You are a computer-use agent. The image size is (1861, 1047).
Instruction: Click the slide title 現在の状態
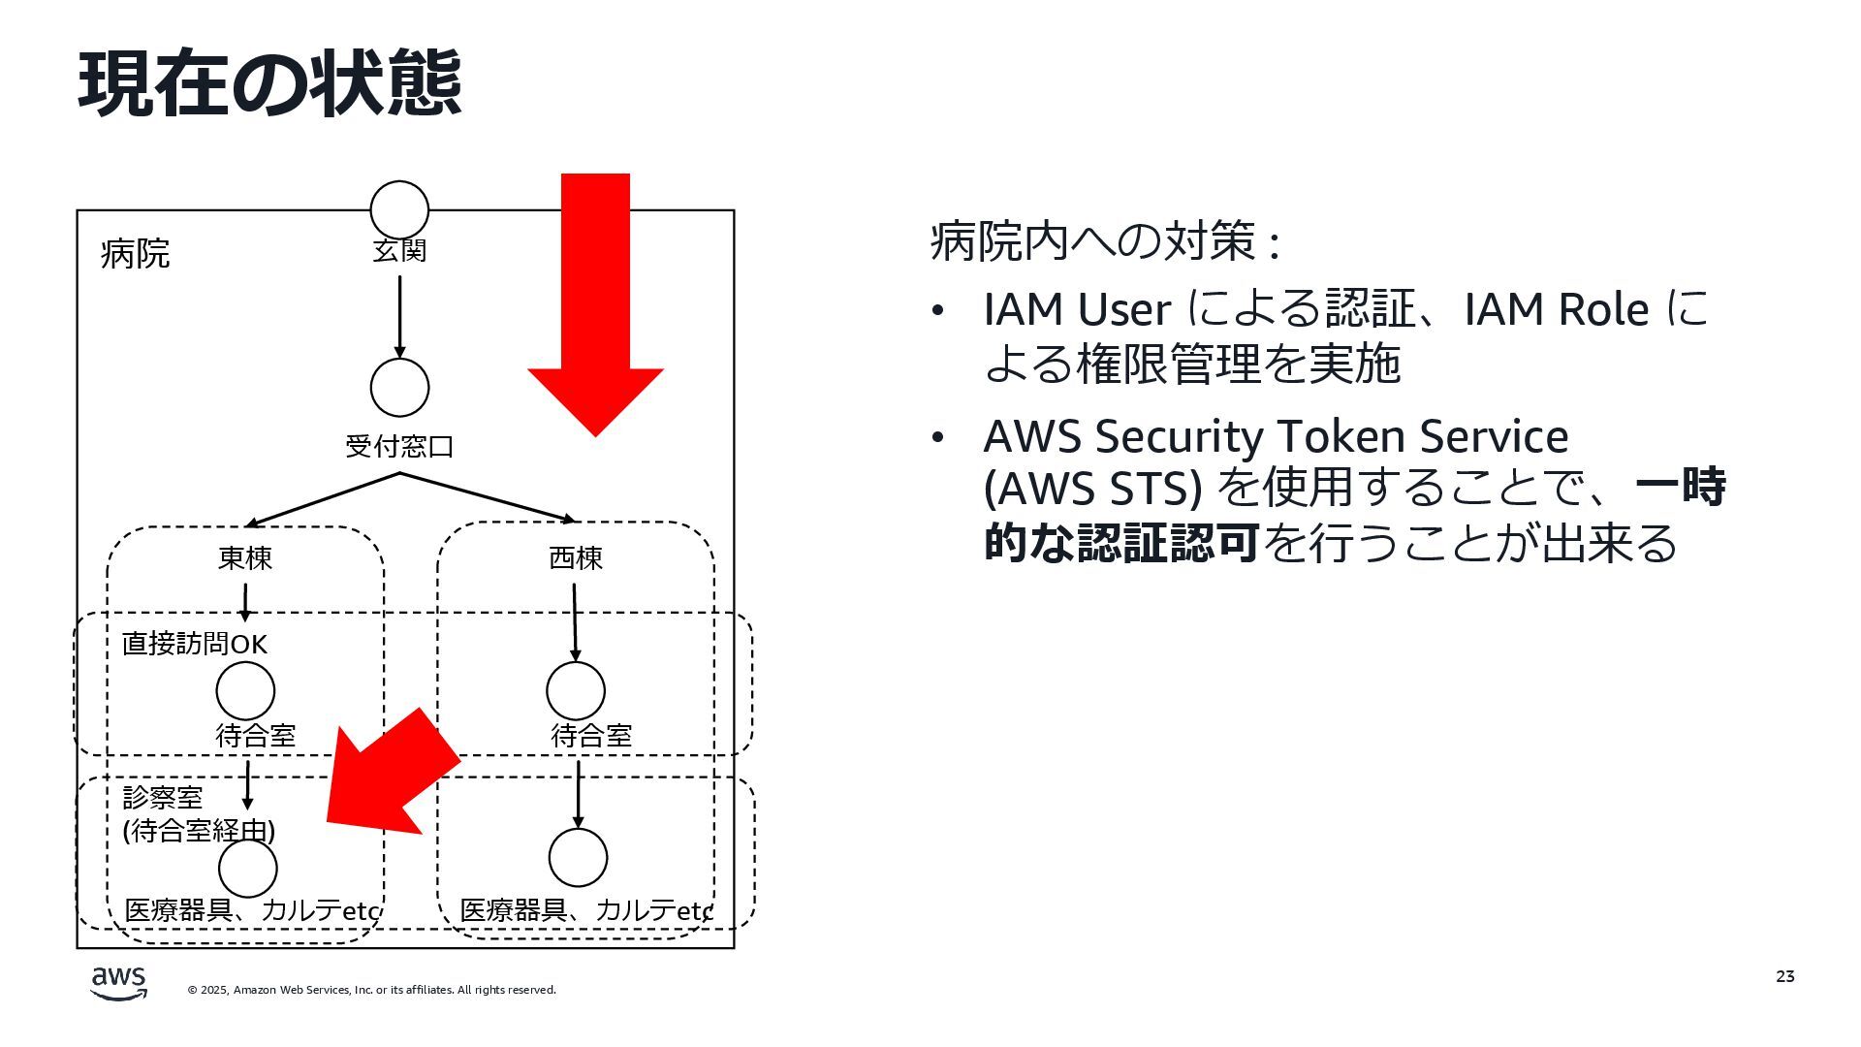[268, 84]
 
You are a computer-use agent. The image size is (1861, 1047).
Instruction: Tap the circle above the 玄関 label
[399, 208]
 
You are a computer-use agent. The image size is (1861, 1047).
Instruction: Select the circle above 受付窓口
[399, 388]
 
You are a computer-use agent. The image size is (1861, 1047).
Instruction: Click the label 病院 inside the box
[135, 254]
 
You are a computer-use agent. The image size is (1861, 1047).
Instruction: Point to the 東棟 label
[245, 558]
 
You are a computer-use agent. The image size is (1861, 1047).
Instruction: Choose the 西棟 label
[576, 558]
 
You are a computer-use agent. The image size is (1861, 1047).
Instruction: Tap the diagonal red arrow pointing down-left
[388, 776]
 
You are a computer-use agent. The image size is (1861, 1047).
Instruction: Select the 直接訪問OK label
[194, 644]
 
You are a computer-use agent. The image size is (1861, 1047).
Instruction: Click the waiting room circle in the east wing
[245, 691]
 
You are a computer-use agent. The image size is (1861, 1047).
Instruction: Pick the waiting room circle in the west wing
[576, 691]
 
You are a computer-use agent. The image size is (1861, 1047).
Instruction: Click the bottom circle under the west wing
[578, 858]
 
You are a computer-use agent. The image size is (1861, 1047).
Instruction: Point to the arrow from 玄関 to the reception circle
[399, 315]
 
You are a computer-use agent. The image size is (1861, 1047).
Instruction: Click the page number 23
[1784, 976]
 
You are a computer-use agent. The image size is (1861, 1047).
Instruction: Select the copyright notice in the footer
[371, 990]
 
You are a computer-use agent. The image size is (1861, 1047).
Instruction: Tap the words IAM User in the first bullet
[1077, 310]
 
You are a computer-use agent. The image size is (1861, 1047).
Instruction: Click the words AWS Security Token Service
[1276, 436]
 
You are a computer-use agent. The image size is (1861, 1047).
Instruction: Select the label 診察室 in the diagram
[163, 798]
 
